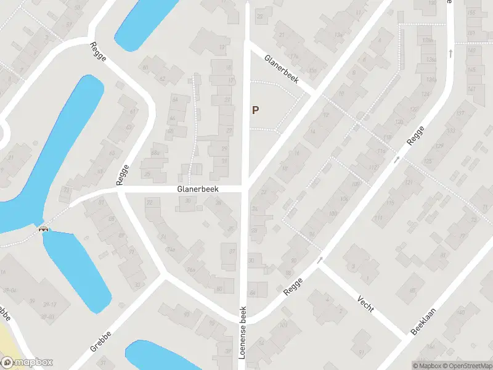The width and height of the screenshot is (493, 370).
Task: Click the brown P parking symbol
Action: point(255,110)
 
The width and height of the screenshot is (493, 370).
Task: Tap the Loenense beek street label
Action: point(243,332)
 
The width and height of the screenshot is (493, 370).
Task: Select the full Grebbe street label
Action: point(100,341)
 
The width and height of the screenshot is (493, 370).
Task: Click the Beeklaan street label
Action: point(423,321)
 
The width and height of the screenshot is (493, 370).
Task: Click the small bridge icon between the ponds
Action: point(44,229)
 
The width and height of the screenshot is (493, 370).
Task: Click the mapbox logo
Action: point(27,363)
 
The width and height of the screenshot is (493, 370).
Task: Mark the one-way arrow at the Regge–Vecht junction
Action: point(320,260)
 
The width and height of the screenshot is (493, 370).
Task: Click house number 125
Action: point(428,161)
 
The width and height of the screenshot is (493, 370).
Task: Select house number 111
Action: point(377,218)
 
